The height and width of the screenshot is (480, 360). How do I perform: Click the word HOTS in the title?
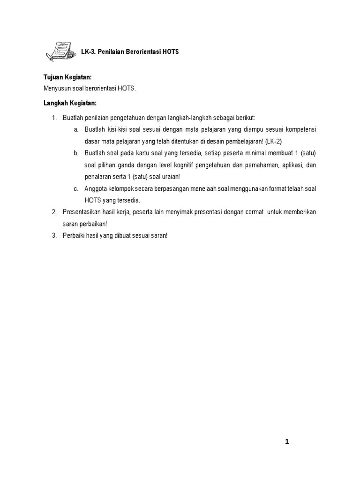pos(171,52)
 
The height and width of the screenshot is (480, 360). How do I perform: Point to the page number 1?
pos(287,442)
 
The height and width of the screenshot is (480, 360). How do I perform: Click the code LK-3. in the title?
pos(89,52)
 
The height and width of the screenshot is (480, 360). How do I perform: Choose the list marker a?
pos(76,129)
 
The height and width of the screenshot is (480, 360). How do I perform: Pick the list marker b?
pos(76,153)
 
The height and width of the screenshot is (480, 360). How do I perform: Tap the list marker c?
pos(76,188)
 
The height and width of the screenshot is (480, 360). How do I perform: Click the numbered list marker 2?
pos(54,212)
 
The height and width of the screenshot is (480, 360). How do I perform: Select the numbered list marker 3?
pos(54,236)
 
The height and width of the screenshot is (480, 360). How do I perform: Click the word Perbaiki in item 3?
pos(73,236)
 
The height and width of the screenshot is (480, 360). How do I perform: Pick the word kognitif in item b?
pos(170,165)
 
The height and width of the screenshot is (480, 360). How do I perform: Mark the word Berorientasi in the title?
pos(142,52)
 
